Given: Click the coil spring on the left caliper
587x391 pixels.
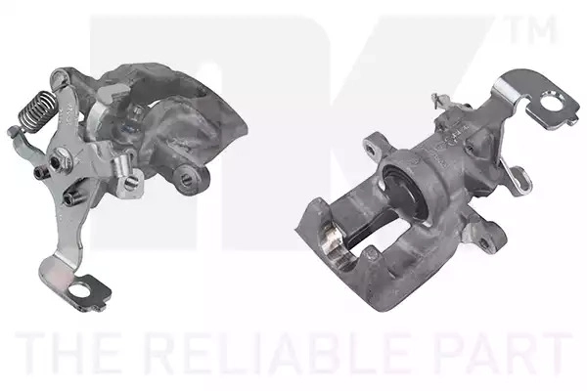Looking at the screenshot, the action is click(x=38, y=108).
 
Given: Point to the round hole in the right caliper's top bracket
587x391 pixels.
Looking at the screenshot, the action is click(x=552, y=102).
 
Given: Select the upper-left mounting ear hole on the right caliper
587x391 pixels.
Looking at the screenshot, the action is click(x=372, y=150).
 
